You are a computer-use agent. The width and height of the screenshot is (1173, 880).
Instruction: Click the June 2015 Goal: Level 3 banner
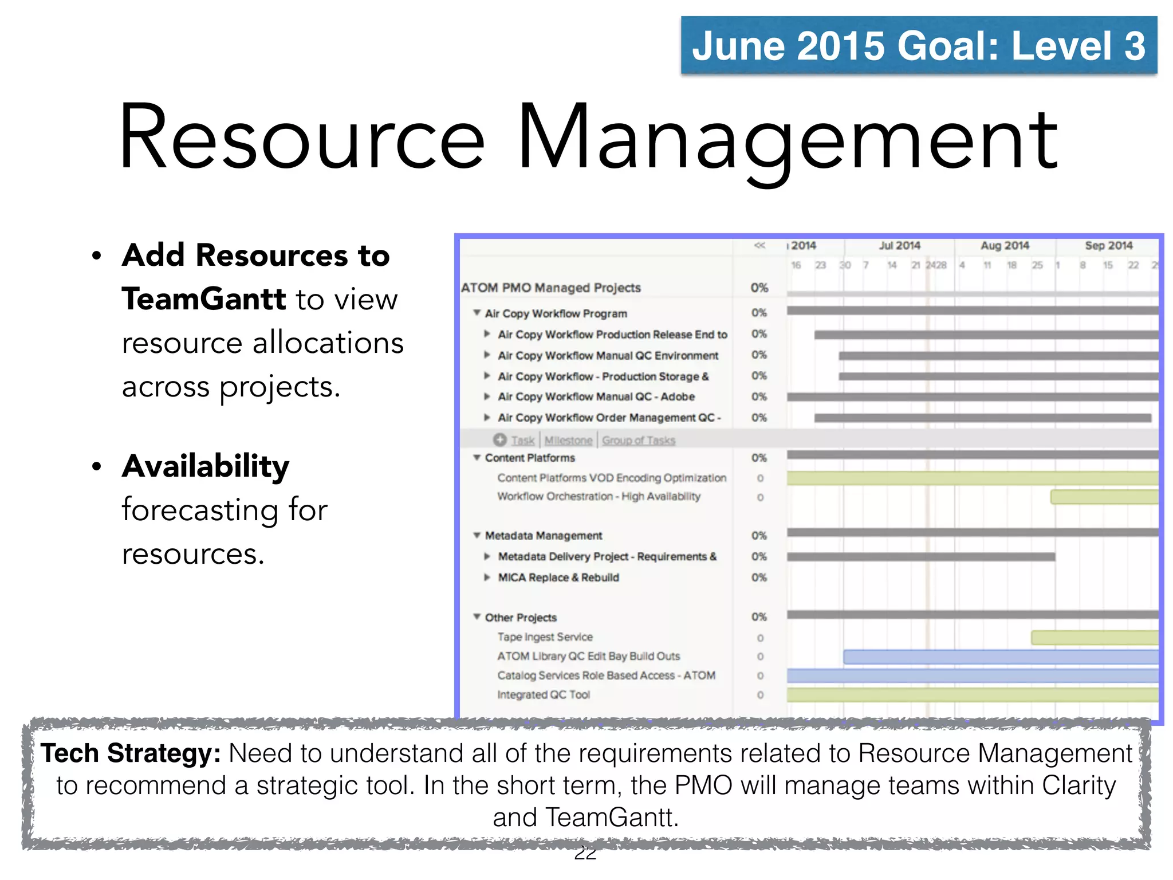[x=918, y=46]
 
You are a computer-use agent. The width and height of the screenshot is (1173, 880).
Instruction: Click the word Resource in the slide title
[x=302, y=137]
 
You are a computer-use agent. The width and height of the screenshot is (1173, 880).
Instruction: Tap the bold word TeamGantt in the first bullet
[x=203, y=299]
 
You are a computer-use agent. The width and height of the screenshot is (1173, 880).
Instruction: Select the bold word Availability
[x=206, y=466]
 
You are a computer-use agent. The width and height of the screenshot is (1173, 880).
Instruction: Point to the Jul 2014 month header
[x=899, y=246]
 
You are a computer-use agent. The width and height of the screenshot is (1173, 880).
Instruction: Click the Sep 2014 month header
[x=1108, y=246]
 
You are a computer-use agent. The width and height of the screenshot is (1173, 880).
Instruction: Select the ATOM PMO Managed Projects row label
[x=550, y=288]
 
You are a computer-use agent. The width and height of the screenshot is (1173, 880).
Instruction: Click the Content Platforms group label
[x=530, y=458]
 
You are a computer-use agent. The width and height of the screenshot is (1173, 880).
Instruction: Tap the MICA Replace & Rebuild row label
[x=558, y=577]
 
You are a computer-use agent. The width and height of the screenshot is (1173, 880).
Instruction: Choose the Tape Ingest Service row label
[x=545, y=637]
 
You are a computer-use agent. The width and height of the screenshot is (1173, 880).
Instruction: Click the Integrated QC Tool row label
[x=544, y=695]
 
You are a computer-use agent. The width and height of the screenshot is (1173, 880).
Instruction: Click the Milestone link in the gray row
[x=568, y=440]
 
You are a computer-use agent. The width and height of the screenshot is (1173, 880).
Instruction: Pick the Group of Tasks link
[x=639, y=440]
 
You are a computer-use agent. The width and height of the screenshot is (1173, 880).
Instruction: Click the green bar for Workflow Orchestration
[x=1104, y=497]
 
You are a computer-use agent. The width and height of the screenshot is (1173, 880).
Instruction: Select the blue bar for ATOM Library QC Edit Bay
[x=1000, y=657]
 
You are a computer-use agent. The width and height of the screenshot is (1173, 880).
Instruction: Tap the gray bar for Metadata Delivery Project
[x=920, y=557]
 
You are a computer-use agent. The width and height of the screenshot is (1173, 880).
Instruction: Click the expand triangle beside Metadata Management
[x=477, y=535]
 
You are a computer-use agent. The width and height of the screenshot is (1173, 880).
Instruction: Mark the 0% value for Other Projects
[x=759, y=617]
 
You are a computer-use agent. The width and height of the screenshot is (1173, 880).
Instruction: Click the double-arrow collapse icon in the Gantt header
[x=759, y=246]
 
